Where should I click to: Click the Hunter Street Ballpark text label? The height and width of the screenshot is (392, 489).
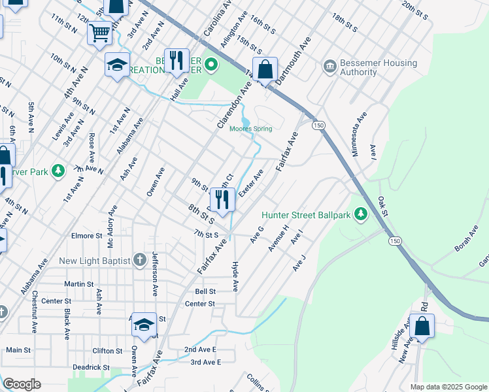(x=306, y=214)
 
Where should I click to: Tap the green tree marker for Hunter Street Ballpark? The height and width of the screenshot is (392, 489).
(x=360, y=214)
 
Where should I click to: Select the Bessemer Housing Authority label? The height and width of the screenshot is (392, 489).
(x=379, y=67)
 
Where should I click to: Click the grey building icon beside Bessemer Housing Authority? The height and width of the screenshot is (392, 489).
(x=329, y=67)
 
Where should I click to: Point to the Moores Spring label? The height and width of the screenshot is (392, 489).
(x=250, y=129)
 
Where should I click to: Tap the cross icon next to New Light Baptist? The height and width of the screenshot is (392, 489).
(x=139, y=261)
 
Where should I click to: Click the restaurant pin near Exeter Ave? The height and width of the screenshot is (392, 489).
(x=222, y=200)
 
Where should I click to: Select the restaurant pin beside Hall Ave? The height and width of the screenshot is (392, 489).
(x=176, y=61)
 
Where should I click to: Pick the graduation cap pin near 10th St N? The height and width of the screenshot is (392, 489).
(x=118, y=65)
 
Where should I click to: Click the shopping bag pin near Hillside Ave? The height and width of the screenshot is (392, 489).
(x=423, y=325)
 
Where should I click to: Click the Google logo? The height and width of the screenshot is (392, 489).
(x=21, y=384)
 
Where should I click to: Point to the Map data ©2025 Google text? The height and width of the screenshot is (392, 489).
(x=448, y=387)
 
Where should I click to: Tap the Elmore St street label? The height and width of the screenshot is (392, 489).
(x=87, y=236)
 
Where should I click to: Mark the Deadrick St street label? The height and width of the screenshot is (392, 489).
(x=92, y=368)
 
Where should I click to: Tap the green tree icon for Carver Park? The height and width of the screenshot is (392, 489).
(x=59, y=171)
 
